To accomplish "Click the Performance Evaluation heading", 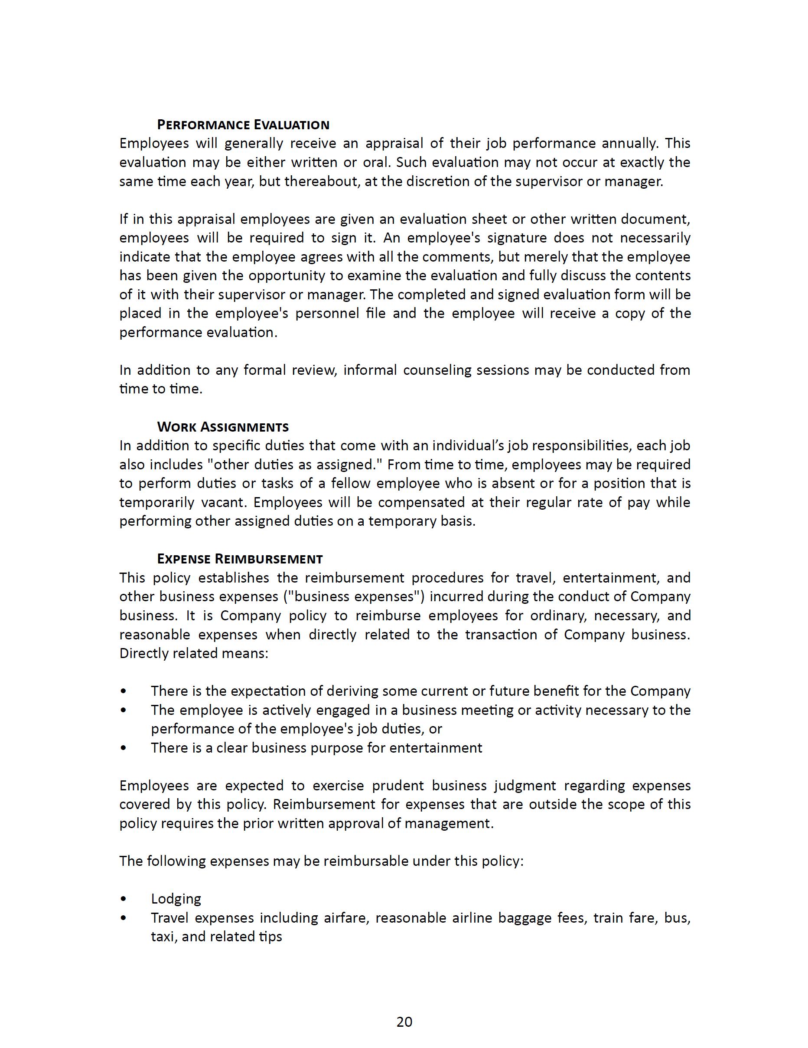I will pyautogui.click(x=243, y=125).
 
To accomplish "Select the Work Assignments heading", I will pyautogui.click(x=223, y=426).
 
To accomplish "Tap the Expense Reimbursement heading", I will pyautogui.click(x=240, y=559).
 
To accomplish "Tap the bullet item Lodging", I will pyautogui.click(x=176, y=899).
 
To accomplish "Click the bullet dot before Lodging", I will pyautogui.click(x=124, y=899).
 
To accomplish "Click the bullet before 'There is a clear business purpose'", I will pyautogui.click(x=124, y=748).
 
